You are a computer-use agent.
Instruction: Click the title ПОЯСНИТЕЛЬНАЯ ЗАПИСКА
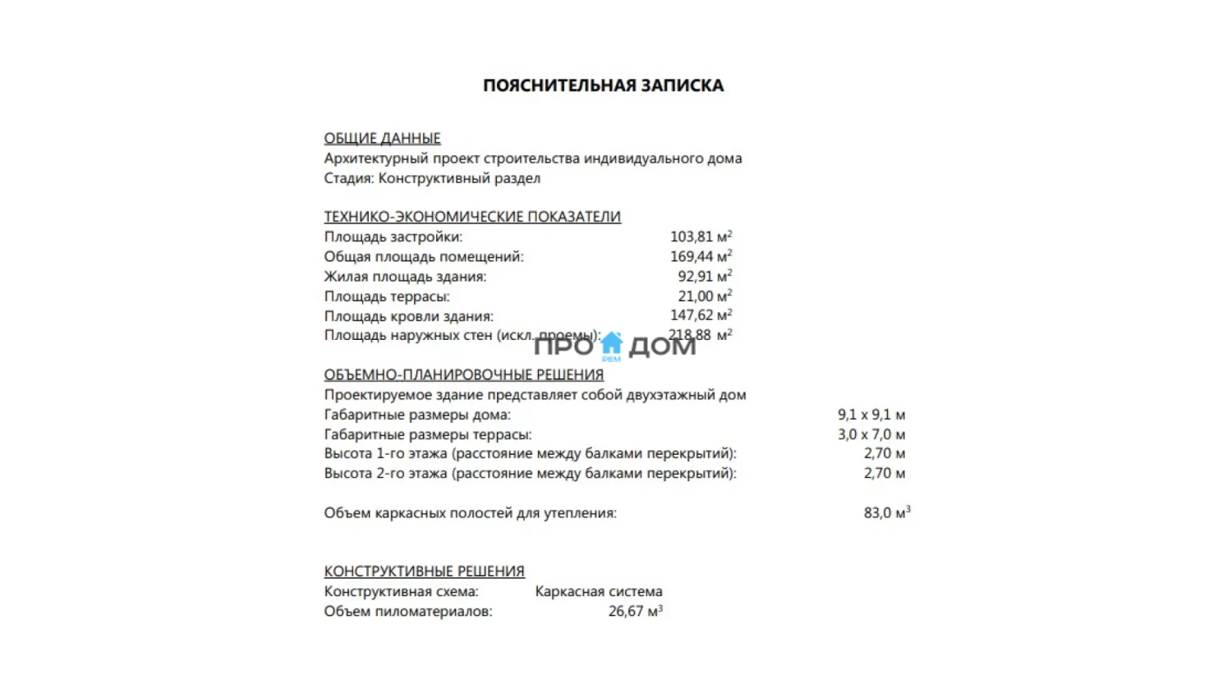[603, 85]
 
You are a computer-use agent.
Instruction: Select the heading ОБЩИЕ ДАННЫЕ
[382, 138]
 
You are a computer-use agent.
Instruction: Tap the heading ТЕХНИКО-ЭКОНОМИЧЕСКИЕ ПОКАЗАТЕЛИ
[472, 217]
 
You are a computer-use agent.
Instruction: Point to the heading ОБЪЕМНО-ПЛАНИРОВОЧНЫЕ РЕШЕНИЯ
[463, 374]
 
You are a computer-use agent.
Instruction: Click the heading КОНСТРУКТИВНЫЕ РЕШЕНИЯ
[424, 571]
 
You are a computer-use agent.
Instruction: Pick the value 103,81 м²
[701, 236]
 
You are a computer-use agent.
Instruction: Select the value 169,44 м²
[701, 256]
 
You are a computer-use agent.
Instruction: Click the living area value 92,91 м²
[705, 276]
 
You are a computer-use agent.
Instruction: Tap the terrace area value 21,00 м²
[705, 296]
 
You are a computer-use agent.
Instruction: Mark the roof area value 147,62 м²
[701, 315]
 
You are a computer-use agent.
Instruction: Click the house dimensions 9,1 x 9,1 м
[871, 415]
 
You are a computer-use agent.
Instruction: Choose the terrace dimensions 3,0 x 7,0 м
[871, 434]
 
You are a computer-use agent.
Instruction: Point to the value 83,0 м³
[886, 513]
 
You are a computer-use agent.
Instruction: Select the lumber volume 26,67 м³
[635, 612]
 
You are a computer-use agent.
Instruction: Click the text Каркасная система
[599, 591]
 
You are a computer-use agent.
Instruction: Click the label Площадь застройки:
[393, 236]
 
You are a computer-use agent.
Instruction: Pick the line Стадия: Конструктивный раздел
[432, 178]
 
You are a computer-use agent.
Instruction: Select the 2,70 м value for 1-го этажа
[884, 453]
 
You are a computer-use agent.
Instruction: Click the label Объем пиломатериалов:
[408, 612]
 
